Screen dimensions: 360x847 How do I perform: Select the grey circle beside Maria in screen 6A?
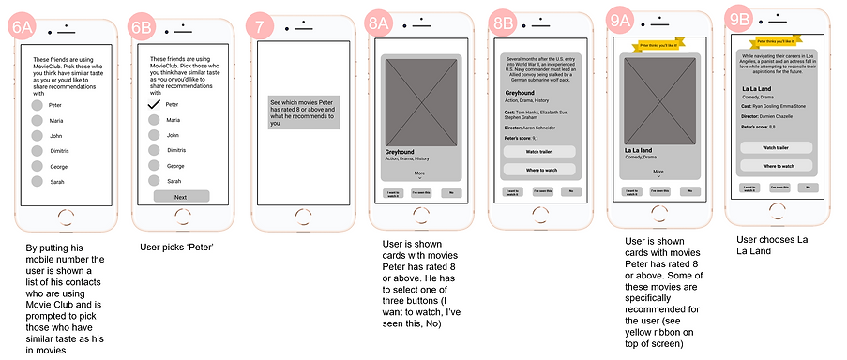[x=38, y=120]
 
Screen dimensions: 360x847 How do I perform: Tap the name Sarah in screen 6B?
[x=174, y=181]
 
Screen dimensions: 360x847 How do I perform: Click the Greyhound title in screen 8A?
[x=400, y=151]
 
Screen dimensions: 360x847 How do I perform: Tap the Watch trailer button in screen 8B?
[x=539, y=151]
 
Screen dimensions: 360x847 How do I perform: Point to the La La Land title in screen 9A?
[x=639, y=149]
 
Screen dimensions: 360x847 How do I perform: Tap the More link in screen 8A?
[x=419, y=173]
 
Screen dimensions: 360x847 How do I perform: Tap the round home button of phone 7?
[x=300, y=214]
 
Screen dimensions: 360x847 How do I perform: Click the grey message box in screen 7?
[x=300, y=112]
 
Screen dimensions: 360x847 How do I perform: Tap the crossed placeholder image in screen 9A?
[x=658, y=97]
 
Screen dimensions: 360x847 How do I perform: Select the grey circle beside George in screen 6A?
[x=38, y=166]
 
